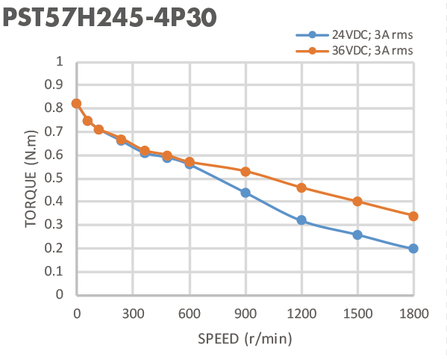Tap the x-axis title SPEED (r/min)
point(244,338)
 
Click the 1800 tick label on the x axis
point(413,314)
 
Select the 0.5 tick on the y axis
point(54,178)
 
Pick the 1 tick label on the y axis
point(59,61)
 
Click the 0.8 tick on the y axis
point(54,108)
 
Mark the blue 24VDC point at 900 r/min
point(245,193)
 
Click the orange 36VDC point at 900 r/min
point(245,171)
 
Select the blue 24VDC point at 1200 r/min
point(301,220)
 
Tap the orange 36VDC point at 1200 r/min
point(301,187)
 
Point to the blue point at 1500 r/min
point(357,235)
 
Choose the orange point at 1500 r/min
point(357,202)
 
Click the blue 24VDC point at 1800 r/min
point(413,249)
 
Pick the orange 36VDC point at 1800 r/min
point(413,216)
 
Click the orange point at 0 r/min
point(76,104)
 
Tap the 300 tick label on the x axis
point(132,314)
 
